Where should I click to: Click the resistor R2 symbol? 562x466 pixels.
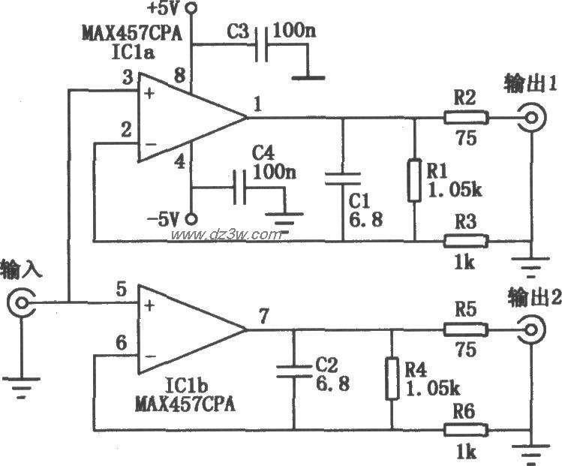[466, 118]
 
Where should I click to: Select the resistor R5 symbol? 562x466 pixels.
[466, 329]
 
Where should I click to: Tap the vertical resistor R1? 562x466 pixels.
[413, 180]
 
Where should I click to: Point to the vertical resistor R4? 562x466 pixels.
[392, 380]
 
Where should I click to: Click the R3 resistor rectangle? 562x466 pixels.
[466, 241]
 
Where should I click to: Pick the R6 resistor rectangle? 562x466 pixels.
[466, 430]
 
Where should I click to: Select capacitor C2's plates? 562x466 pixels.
[293, 369]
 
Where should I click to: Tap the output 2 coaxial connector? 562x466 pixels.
[531, 329]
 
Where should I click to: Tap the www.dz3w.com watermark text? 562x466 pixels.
[224, 235]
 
